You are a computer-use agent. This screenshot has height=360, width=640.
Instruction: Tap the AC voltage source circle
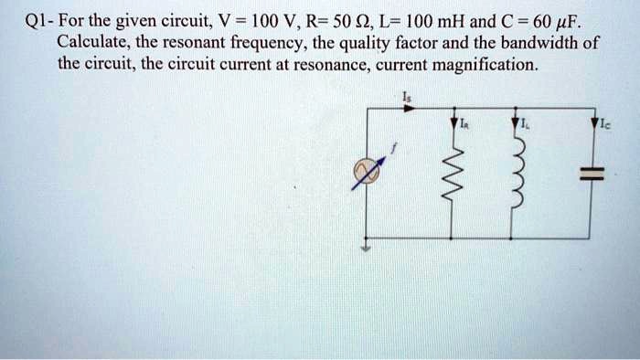point(368,170)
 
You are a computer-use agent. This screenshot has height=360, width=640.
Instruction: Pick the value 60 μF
point(556,18)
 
